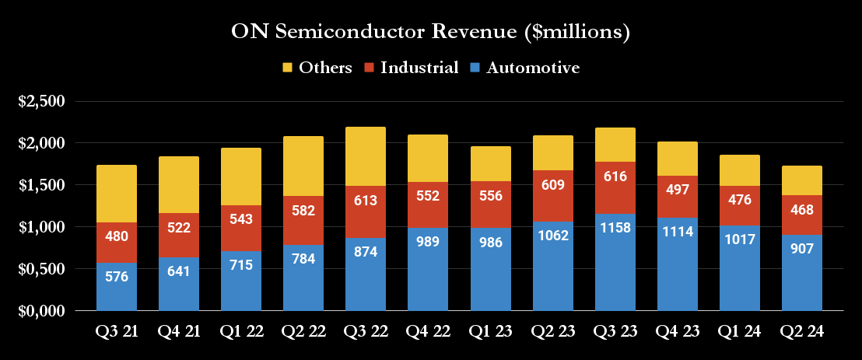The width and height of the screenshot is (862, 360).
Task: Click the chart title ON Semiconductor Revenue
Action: (430, 33)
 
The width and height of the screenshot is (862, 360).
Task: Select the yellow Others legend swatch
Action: (287, 68)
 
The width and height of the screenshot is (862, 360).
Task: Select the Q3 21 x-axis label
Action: (117, 330)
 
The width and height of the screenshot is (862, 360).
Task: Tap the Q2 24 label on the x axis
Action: (801, 330)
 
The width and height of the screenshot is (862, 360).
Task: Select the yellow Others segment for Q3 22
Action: (366, 156)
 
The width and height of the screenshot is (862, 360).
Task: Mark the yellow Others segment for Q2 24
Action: (801, 180)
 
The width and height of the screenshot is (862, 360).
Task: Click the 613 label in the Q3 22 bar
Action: (366, 201)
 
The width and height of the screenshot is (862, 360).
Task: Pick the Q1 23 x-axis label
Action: (490, 330)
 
